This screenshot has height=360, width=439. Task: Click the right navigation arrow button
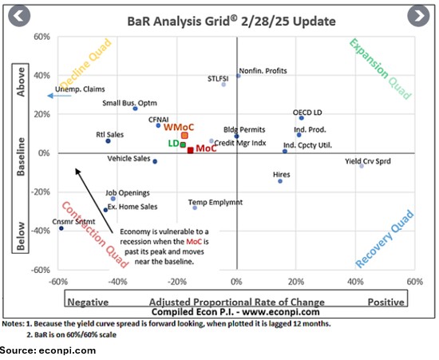[x=418, y=15]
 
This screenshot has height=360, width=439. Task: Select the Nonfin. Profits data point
[x=239, y=75]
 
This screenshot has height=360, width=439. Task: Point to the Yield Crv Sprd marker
[x=362, y=166]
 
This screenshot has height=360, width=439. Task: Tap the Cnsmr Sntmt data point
[x=61, y=228]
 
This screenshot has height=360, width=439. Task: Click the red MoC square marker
[x=190, y=150]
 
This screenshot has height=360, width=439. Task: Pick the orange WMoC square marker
[x=184, y=136]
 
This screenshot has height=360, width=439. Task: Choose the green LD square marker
[x=183, y=144]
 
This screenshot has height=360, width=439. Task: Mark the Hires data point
[x=280, y=181]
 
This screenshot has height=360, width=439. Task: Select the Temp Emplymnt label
[x=216, y=203]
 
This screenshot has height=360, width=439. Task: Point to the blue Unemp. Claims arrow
[x=54, y=95]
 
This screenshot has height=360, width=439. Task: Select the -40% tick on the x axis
[x=117, y=283]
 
